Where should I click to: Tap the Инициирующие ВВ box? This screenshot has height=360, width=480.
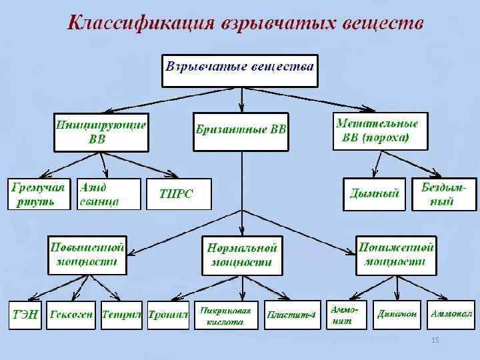pyautogui.click(x=101, y=132)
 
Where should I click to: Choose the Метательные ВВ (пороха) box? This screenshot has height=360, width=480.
pyautogui.click(x=379, y=132)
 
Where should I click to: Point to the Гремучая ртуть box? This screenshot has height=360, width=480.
pyautogui.click(x=39, y=194)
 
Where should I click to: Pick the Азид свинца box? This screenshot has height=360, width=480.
pyautogui.click(x=109, y=194)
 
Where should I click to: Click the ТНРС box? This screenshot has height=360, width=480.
pyautogui.click(x=177, y=194)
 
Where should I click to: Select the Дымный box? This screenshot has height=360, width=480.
pyautogui.click(x=374, y=194)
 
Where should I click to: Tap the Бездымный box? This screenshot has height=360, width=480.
pyautogui.click(x=444, y=194)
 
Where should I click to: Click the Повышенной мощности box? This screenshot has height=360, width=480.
pyautogui.click(x=87, y=254)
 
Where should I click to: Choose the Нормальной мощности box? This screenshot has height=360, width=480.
pyautogui.click(x=241, y=255)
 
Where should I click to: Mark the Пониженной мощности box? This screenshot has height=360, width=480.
pyautogui.click(x=396, y=254)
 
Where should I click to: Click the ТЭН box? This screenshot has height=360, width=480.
pyautogui.click(x=25, y=314)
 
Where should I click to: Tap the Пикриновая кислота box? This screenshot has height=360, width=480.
pyautogui.click(x=225, y=315)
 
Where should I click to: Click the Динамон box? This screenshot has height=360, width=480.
pyautogui.click(x=397, y=313)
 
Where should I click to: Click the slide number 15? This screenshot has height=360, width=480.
pyautogui.click(x=435, y=341)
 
